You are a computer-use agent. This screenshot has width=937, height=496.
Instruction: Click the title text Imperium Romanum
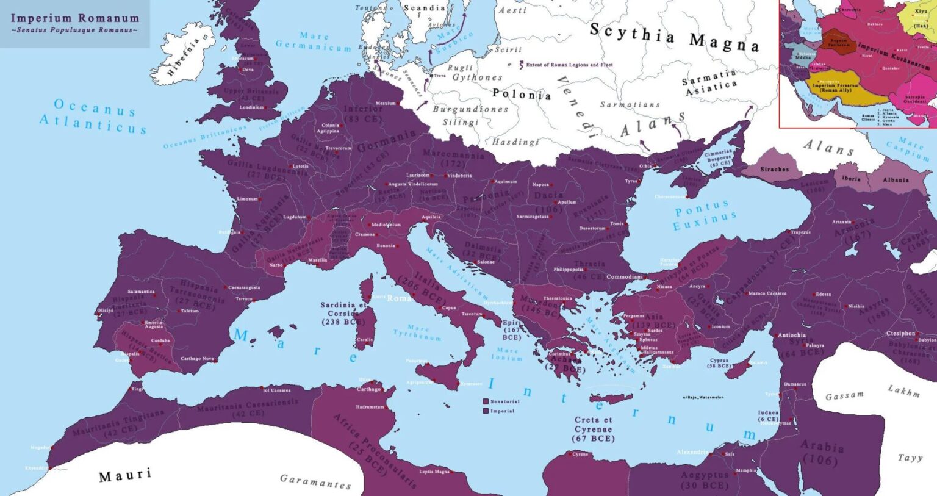point(74,18)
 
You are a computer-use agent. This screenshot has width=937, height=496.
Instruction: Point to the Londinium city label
point(251,107)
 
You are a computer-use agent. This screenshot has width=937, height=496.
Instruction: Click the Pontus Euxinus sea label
point(704,214)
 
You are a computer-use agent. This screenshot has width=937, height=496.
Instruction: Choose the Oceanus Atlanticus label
point(93,115)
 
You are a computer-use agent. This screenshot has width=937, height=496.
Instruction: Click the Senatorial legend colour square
point(486,401)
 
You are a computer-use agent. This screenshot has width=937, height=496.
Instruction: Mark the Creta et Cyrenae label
point(593,429)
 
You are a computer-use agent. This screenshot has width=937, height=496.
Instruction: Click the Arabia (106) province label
point(822,453)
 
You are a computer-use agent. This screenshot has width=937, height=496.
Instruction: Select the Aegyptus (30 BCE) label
point(705,480)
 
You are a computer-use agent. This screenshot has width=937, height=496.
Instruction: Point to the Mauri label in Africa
point(125,475)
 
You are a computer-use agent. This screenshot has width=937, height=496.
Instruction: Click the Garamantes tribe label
point(315,482)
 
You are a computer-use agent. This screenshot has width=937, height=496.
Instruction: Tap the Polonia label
point(522,94)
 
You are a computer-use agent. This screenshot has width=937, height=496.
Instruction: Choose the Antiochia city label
point(792,335)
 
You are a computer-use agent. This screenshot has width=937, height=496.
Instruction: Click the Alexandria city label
point(692,452)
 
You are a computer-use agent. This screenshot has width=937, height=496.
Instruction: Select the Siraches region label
point(774,170)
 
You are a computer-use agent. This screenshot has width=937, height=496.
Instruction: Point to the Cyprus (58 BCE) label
point(719,363)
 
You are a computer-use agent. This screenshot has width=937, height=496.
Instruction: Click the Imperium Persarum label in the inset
point(835,87)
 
